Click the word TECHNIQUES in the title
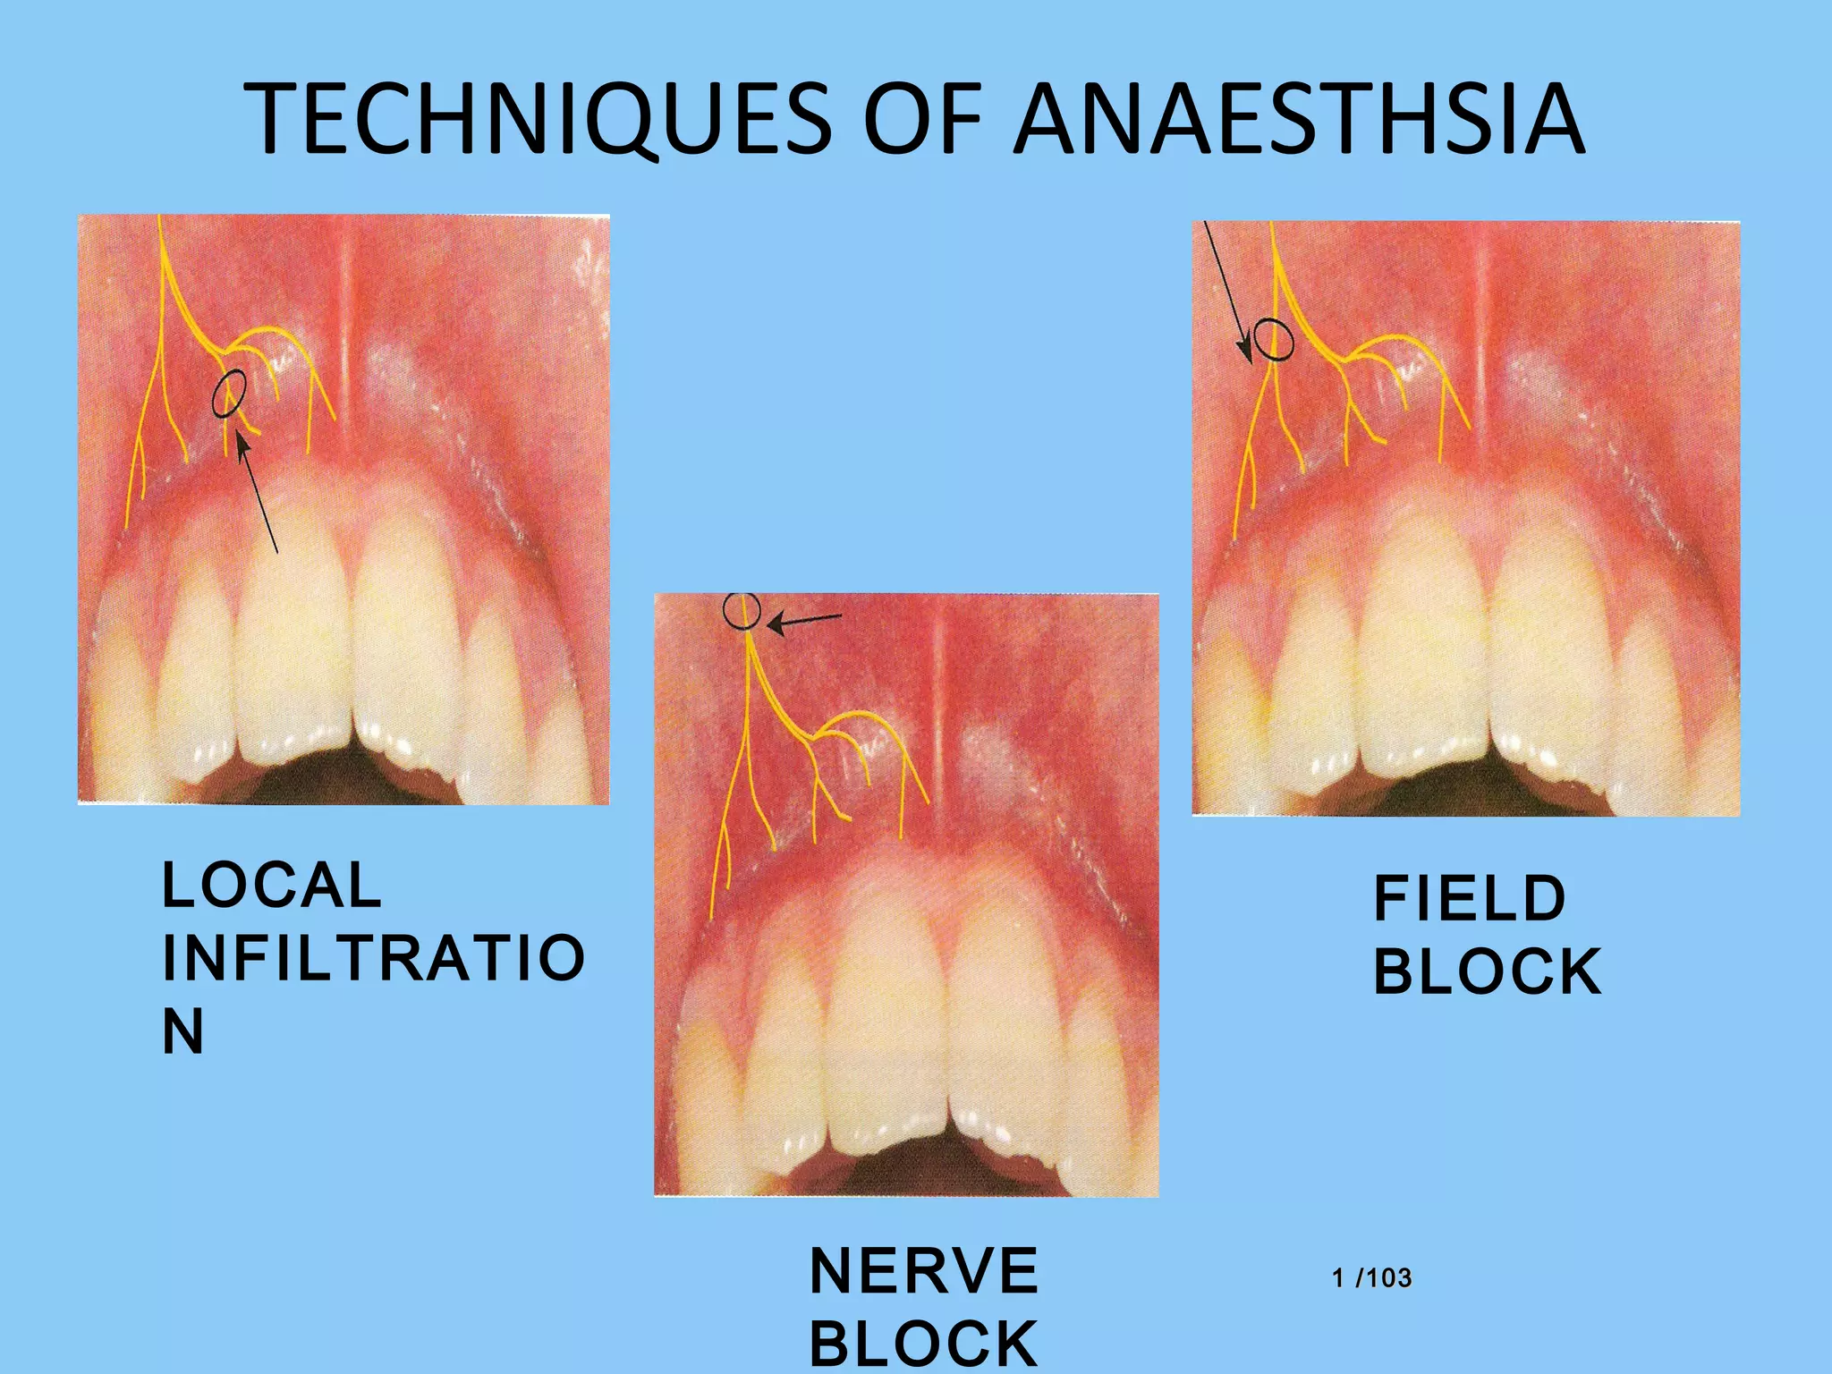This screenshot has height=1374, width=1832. tap(537, 119)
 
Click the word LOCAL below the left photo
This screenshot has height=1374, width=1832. tap(272, 886)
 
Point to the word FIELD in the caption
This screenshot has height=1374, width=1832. tap(1470, 899)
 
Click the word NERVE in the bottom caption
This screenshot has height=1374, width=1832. tap(924, 1271)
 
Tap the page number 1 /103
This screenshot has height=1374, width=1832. tap(1372, 1278)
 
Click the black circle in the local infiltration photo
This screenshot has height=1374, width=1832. tap(230, 394)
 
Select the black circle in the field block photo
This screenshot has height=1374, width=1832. tap(1273, 340)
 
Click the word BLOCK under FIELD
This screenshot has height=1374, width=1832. tap(1487, 972)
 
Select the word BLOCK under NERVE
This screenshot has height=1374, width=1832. tap(924, 1344)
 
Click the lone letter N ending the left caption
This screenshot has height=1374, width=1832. tap(183, 1031)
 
